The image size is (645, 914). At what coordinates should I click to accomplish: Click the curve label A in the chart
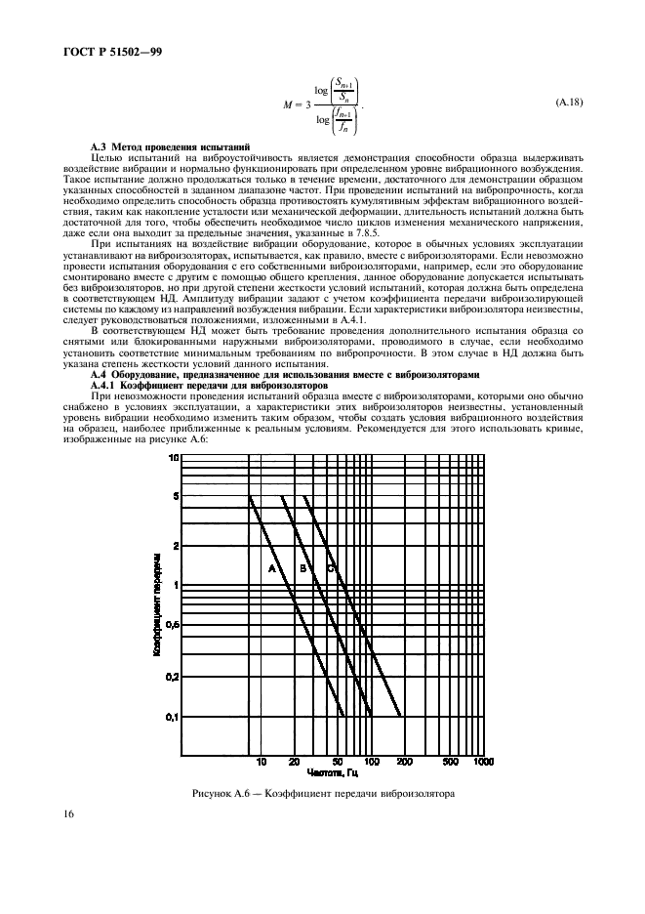click(x=272, y=567)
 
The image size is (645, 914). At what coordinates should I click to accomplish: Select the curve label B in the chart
click(x=302, y=567)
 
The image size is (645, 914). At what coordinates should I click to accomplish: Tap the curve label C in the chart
click(x=330, y=567)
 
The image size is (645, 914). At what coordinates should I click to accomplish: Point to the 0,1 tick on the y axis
click(x=173, y=718)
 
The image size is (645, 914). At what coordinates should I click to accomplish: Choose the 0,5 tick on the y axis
click(x=173, y=625)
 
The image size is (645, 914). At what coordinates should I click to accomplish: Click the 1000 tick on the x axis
click(x=482, y=762)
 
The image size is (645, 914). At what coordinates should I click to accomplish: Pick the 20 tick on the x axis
click(x=294, y=762)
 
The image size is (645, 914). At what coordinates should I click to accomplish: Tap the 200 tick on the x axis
click(x=404, y=762)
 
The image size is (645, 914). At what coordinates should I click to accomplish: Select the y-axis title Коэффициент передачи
click(x=156, y=603)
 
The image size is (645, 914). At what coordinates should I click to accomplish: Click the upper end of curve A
click(x=250, y=497)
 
